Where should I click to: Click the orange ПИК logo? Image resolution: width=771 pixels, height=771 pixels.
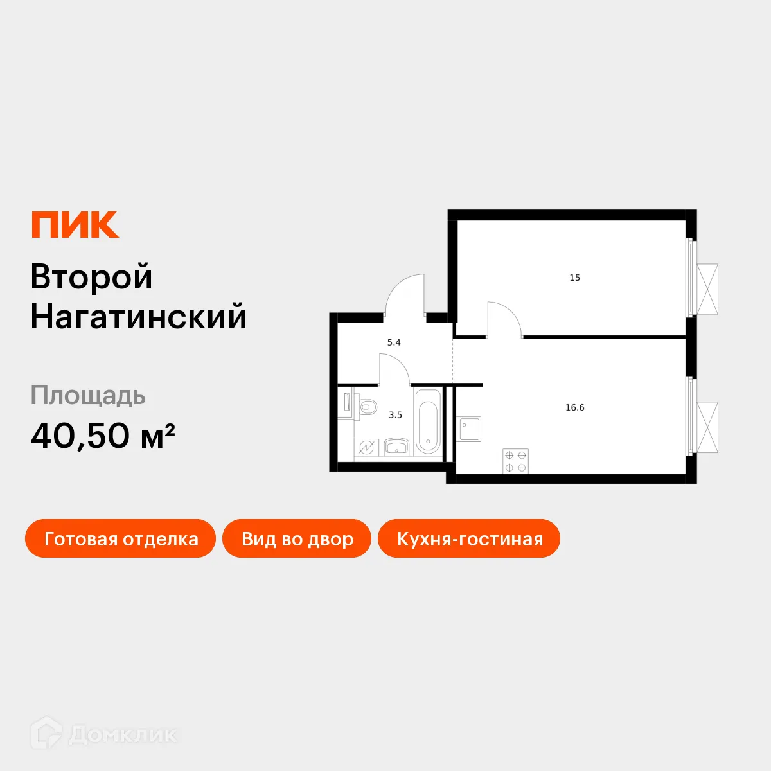click(x=75, y=225)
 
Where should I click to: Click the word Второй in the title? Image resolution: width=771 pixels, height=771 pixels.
click(x=91, y=277)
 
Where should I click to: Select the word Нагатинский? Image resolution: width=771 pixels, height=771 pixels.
click(x=138, y=317)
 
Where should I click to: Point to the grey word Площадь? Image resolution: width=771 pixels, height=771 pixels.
click(x=88, y=396)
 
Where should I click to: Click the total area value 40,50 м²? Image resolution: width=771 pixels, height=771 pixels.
click(x=103, y=436)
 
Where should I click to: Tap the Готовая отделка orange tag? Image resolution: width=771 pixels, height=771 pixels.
click(x=121, y=539)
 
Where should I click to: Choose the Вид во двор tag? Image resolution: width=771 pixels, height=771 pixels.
click(x=297, y=539)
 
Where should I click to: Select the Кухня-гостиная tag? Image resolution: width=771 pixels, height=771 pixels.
click(x=470, y=539)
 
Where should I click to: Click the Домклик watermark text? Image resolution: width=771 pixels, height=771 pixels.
click(x=122, y=734)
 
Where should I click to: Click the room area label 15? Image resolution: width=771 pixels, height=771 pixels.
click(x=574, y=278)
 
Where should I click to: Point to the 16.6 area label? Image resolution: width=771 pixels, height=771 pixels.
click(x=574, y=408)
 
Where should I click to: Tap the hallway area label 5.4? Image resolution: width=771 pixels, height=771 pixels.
click(x=394, y=343)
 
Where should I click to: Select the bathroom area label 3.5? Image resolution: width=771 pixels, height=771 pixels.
click(x=395, y=416)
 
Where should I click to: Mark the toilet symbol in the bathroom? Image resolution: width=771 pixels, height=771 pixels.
click(x=367, y=407)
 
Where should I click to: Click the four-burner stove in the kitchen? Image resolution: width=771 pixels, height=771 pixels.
click(x=515, y=462)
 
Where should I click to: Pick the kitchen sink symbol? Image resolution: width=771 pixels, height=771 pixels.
click(x=470, y=429)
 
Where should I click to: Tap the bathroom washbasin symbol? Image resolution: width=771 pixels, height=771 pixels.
click(x=396, y=447)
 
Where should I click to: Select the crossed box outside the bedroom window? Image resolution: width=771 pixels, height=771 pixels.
click(x=707, y=289)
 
